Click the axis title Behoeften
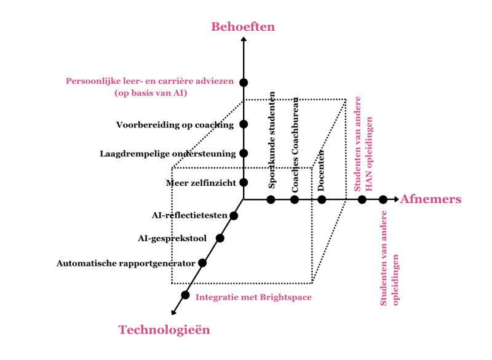[243, 26]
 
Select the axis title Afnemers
[430, 199]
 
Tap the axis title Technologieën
[164, 330]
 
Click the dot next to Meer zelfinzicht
[244, 182]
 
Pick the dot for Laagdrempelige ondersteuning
[244, 153]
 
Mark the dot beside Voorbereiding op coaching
[244, 124]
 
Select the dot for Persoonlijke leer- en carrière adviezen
[244, 82]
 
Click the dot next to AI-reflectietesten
[233, 215]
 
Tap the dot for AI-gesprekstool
[220, 238]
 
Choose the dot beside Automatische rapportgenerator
[202, 263]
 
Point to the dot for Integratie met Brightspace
[185, 295]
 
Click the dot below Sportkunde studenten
[270, 199]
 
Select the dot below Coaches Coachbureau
[295, 199]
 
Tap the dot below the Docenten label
[322, 199]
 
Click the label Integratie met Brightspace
[253, 297]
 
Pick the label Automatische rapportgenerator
[125, 263]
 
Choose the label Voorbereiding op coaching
[175, 125]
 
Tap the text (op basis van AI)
[151, 93]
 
